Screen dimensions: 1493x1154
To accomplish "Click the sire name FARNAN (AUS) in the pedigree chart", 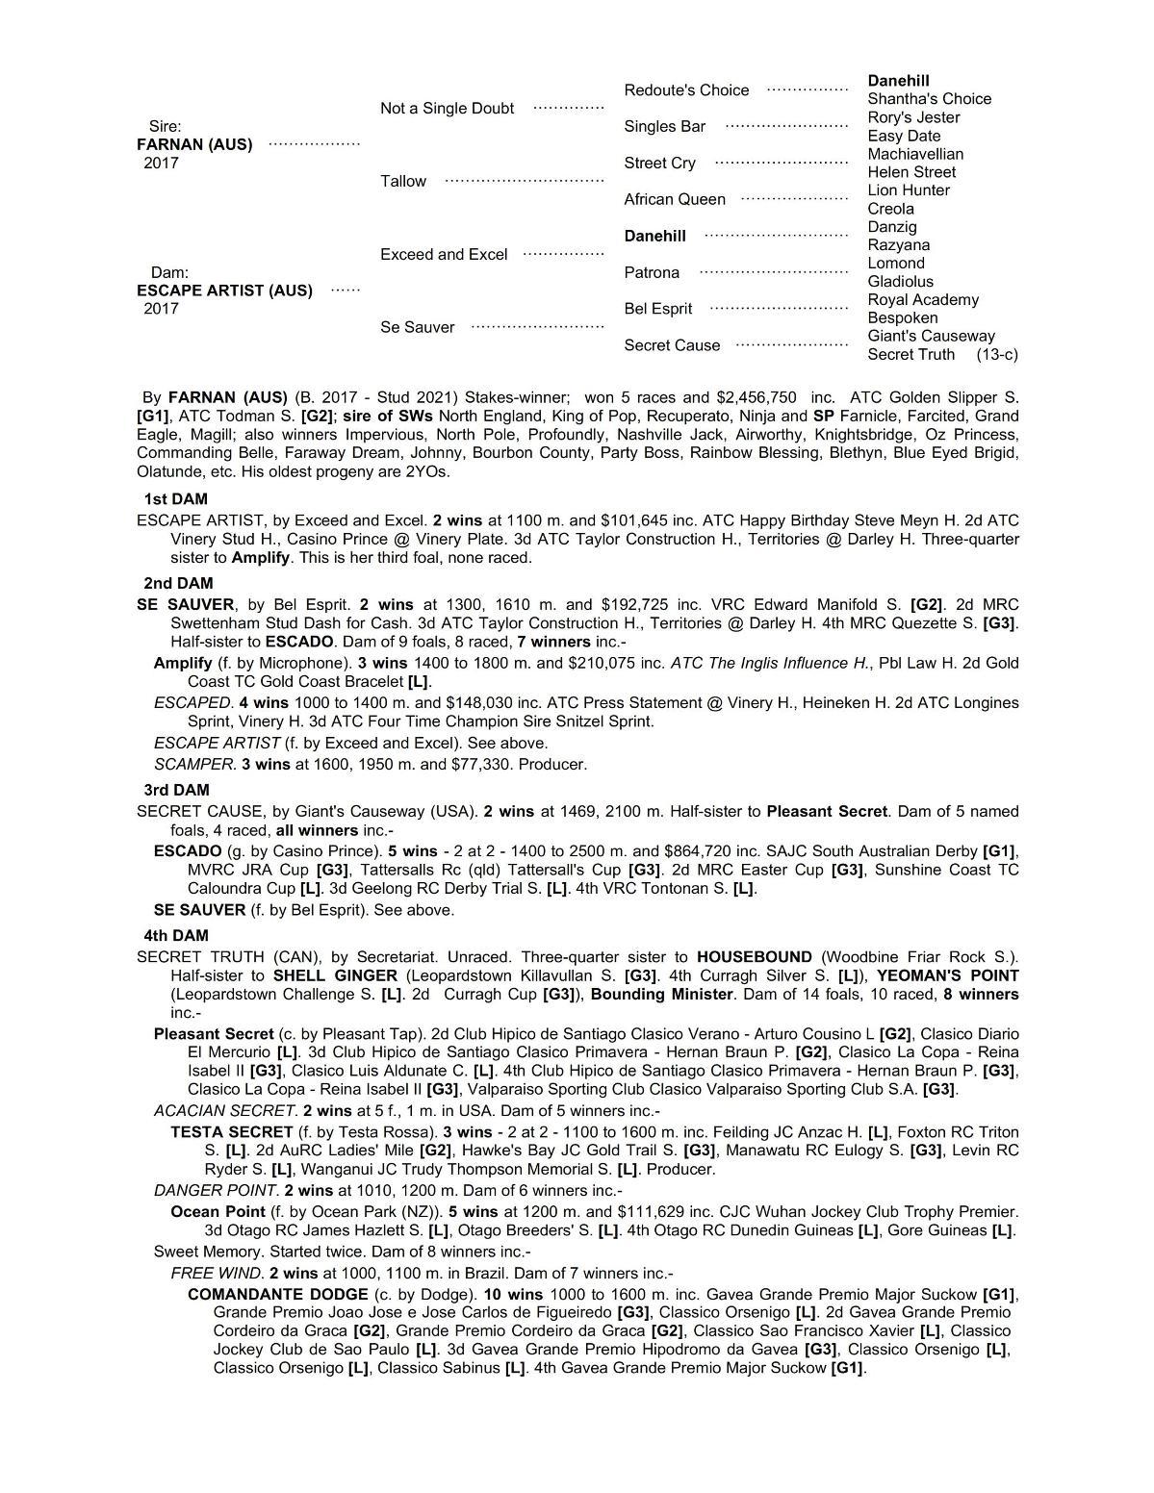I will pos(194,144).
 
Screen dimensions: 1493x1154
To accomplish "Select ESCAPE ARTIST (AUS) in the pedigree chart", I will pos(224,291).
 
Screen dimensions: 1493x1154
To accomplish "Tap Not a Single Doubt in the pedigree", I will pos(447,109).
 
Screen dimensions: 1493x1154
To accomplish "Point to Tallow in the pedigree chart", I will pos(402,181).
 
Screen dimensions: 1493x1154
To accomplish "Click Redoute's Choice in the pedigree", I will pos(686,90).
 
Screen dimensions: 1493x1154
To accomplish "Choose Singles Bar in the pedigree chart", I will pos(664,127).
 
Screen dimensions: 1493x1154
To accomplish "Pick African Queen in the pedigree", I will pos(675,199).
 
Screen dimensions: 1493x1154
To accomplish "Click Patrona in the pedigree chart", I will pos(652,273).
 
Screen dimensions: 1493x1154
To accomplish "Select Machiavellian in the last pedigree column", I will pos(915,154).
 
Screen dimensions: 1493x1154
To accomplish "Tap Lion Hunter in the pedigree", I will pos(909,190).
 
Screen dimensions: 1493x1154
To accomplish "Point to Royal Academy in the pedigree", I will pos(923,300).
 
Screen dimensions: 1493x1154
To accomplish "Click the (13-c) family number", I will pos(996,355).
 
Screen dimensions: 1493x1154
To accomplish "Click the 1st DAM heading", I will pos(175,499).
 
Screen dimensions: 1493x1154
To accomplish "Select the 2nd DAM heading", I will pos(178,583).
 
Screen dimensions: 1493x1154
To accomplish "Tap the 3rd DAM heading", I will pos(176,790).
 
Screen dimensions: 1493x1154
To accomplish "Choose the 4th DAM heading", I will pos(176,935).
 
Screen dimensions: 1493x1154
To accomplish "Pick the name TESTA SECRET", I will pos(231,1132).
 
